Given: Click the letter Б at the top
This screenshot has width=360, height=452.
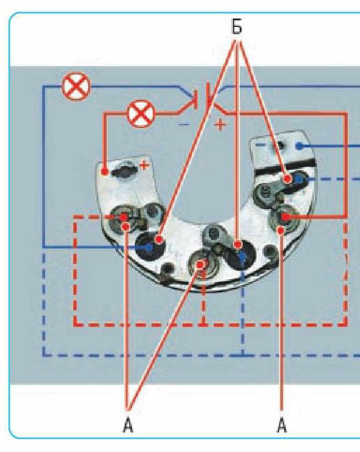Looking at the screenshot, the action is pos(237,26).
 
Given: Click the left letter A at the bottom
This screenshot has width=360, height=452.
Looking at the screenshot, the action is pos(128,426).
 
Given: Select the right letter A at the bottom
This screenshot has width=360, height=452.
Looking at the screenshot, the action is pos(282,426).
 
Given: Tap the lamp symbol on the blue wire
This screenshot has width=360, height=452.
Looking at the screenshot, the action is pos(76,86).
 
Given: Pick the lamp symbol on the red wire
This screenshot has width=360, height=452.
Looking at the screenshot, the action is pos(141,114).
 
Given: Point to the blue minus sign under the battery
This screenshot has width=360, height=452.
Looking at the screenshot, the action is pos(184,125).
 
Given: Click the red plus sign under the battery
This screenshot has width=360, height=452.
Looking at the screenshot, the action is pos(220,125).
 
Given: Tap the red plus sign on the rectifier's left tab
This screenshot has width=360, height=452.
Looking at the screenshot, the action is pos(144,165).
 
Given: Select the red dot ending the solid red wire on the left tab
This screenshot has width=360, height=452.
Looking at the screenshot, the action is pos(105,172).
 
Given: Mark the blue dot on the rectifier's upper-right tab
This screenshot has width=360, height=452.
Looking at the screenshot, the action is pos(300,146).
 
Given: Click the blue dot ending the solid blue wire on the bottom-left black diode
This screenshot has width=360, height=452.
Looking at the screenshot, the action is pos(149,247).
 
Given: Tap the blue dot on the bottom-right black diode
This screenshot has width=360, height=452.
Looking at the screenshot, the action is pos(242,256).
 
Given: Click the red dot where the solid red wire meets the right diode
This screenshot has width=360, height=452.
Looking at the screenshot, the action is pos(285,217).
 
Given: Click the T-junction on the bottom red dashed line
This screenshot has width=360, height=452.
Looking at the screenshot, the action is pos(204,324).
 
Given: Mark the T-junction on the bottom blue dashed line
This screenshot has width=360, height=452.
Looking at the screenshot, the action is pos(243,355).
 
